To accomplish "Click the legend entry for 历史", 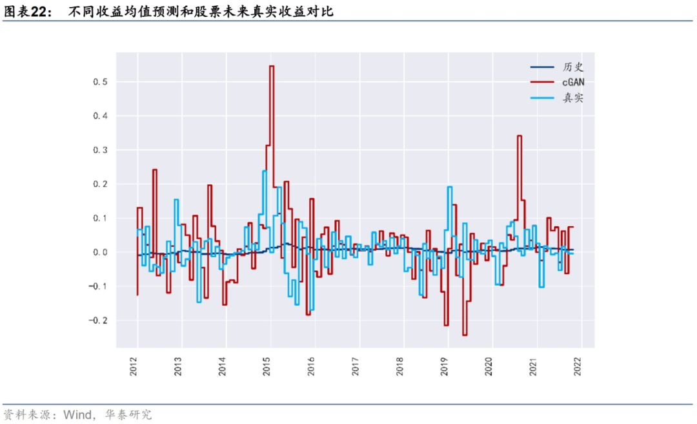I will click(x=557, y=67).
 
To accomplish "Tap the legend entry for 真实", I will click(x=557, y=98).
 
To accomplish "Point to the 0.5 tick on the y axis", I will click(x=100, y=82).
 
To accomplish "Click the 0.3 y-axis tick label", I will click(x=100, y=150).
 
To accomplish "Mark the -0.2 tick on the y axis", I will click(x=98, y=321).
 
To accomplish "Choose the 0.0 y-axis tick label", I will click(x=100, y=252).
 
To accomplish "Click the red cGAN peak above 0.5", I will click(x=272, y=66).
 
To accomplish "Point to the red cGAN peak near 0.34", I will click(x=520, y=136).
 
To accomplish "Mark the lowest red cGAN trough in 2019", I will click(x=465, y=335).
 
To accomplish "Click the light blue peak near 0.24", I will click(x=265, y=171).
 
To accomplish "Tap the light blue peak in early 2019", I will click(x=449, y=187).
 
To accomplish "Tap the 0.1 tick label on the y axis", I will click(x=100, y=218).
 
